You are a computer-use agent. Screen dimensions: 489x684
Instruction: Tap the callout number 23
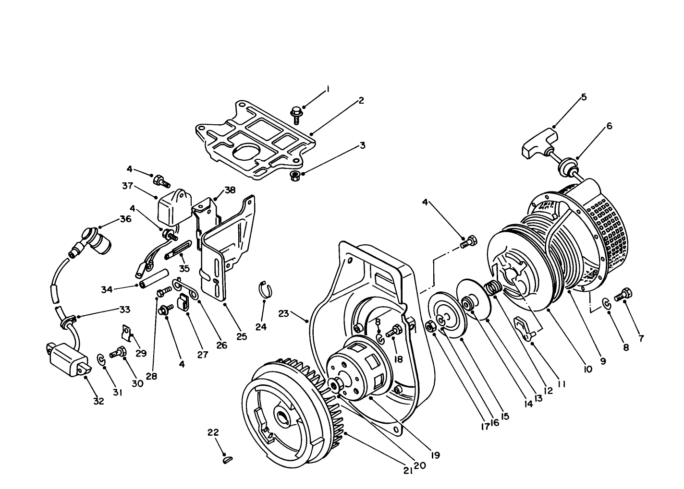tap(283, 313)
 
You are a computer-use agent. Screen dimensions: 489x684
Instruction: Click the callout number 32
tap(98, 402)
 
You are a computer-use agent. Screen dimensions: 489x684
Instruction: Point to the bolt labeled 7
tap(625, 294)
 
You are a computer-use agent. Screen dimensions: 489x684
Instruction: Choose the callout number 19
tap(435, 454)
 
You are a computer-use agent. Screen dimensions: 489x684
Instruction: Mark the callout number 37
tap(127, 185)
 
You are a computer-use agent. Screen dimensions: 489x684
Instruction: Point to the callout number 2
tap(361, 100)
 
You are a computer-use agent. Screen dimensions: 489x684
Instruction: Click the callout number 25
tap(242, 336)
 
